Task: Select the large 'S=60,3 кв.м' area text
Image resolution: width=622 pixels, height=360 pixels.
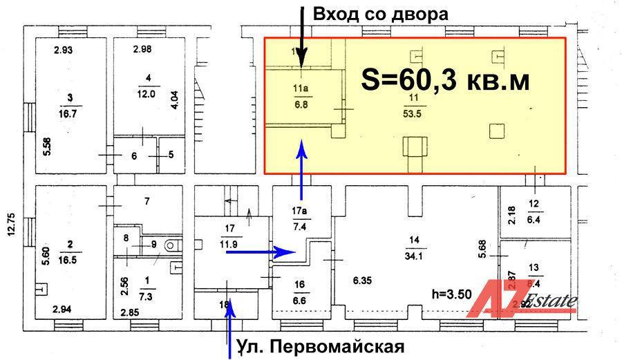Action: coord(446,81)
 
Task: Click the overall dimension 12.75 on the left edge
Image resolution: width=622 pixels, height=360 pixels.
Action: coord(12,224)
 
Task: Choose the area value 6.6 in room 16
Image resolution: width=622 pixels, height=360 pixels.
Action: coord(299,299)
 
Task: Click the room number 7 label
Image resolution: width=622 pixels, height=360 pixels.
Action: coord(147,202)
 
